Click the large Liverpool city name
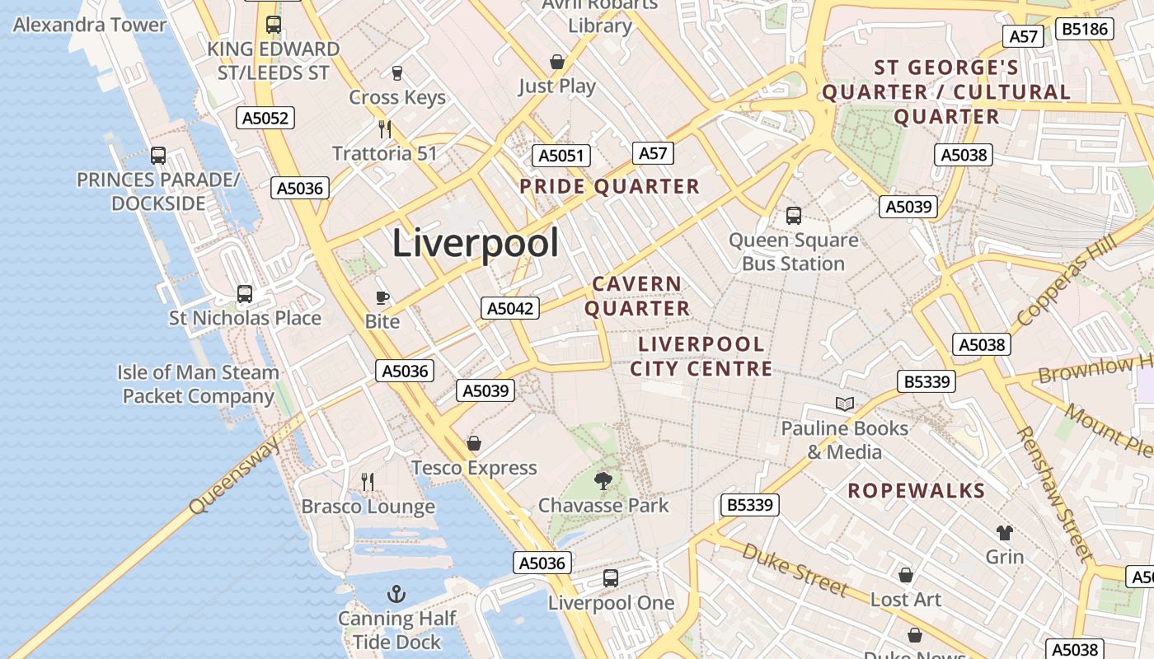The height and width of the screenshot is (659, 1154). (x=476, y=243)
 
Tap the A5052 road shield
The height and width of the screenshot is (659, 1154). (x=265, y=118)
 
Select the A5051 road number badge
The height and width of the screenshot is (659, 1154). (x=561, y=156)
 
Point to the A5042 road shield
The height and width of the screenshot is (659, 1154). (x=510, y=309)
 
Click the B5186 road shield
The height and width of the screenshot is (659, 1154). (x=1086, y=30)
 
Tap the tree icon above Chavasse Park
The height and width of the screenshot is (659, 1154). (x=603, y=480)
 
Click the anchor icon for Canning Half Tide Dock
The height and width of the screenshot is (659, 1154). (x=396, y=594)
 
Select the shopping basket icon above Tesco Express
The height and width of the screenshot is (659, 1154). (x=474, y=444)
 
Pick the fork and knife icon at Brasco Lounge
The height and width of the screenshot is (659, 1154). (x=368, y=481)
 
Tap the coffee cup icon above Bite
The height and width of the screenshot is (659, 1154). (x=382, y=297)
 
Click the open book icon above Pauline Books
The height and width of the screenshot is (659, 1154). (x=845, y=404)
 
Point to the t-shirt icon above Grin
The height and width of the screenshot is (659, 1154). (x=1004, y=533)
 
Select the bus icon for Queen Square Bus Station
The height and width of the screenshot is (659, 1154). (x=794, y=216)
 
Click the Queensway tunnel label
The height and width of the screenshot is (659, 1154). (x=235, y=476)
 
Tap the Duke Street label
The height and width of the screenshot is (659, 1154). (x=795, y=569)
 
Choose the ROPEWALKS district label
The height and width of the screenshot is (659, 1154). (x=916, y=491)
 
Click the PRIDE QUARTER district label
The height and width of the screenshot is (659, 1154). (x=609, y=186)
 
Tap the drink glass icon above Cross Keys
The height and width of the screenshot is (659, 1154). (x=396, y=73)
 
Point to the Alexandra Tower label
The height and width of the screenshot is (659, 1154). (x=90, y=25)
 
